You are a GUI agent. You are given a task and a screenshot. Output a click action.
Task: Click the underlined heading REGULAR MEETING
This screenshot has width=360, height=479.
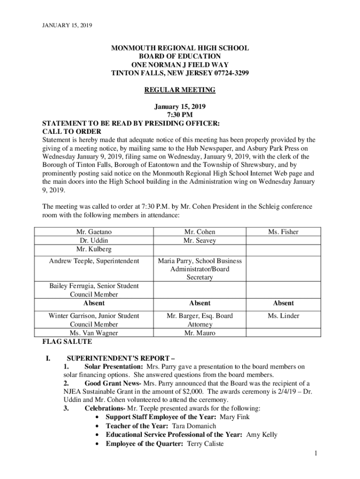[x=180, y=89]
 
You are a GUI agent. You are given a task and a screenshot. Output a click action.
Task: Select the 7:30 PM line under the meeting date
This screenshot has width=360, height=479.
[x=180, y=115]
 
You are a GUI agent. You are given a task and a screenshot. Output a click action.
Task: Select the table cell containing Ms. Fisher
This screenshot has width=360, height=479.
[x=283, y=232]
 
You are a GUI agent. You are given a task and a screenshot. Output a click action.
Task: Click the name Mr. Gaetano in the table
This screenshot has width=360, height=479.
[x=94, y=232]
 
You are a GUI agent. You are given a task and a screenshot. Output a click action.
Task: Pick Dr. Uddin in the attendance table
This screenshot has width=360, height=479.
[x=94, y=240]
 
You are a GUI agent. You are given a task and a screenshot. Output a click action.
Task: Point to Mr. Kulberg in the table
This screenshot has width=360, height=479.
[x=94, y=249]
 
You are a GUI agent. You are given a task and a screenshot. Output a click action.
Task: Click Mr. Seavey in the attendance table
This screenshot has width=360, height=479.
[x=200, y=240]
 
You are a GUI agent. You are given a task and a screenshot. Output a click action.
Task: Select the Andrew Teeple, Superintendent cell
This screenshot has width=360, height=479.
[x=94, y=261]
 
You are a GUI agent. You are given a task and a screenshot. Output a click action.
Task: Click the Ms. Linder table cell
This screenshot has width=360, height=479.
[x=283, y=316]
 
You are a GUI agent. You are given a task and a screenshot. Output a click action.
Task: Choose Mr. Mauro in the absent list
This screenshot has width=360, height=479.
[x=200, y=333]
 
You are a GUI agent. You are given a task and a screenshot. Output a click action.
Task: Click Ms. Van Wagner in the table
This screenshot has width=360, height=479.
[x=94, y=333]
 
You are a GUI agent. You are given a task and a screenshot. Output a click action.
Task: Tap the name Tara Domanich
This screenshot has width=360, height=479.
[x=194, y=426]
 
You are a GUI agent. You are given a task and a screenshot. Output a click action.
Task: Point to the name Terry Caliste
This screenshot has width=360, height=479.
[x=205, y=444]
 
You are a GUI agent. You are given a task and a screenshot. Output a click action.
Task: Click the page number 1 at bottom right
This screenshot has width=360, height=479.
[x=316, y=453]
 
